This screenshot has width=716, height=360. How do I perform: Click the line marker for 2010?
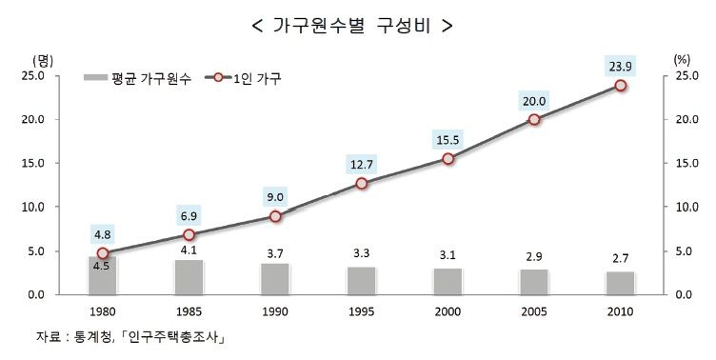coord(620,85)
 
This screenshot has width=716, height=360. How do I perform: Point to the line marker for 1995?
coord(361,183)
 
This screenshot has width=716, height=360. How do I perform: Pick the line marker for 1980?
coord(103,253)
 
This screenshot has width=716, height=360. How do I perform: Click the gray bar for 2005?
coord(534,282)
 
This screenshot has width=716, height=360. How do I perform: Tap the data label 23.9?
coord(620,66)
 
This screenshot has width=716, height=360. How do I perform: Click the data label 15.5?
coord(447,139)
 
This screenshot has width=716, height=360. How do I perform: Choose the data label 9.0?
coord(275,197)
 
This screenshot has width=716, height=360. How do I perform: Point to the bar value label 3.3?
coord(361,254)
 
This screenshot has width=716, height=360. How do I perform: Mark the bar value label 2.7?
coord(620,258)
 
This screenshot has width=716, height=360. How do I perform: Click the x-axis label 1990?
coord(275,311)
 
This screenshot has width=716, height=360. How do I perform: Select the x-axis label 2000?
coord(447,311)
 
